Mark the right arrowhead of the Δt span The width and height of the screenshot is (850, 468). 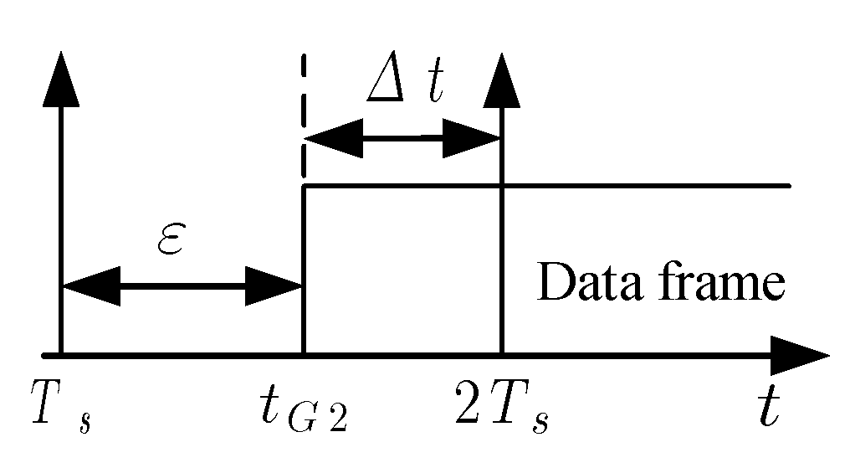click(472, 137)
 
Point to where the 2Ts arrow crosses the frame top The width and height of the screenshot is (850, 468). click(501, 185)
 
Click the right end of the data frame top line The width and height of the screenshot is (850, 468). click(789, 185)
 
